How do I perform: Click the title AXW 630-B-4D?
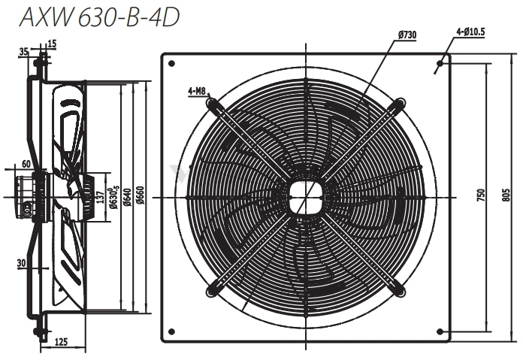(100, 17)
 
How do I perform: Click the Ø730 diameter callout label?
(407, 35)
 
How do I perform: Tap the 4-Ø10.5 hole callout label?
(470, 32)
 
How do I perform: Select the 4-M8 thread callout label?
(198, 91)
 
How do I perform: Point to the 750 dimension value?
(481, 195)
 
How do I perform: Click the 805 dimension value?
(506, 195)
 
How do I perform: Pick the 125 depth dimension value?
(61, 342)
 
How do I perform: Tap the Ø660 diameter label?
(141, 195)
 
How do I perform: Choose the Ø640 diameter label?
(127, 198)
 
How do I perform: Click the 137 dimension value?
(98, 197)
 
